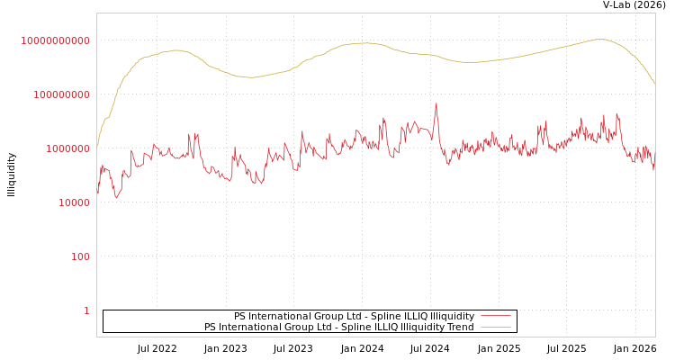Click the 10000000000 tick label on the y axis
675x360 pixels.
(x=55, y=40)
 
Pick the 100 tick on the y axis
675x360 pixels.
(x=80, y=256)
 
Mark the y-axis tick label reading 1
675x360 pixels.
(x=86, y=310)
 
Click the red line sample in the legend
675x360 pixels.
(x=495, y=316)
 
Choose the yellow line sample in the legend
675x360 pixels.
(x=495, y=328)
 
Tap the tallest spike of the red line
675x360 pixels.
(x=436, y=103)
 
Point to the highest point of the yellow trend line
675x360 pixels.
(x=600, y=39)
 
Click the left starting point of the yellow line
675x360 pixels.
(x=97, y=147)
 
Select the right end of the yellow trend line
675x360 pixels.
(x=654, y=85)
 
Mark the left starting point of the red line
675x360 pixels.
(x=97, y=193)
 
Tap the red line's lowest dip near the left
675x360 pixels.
(x=117, y=197)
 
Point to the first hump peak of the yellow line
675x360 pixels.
(x=175, y=50)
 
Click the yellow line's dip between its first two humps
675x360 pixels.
(x=249, y=77)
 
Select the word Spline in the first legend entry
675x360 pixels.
(x=352, y=316)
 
